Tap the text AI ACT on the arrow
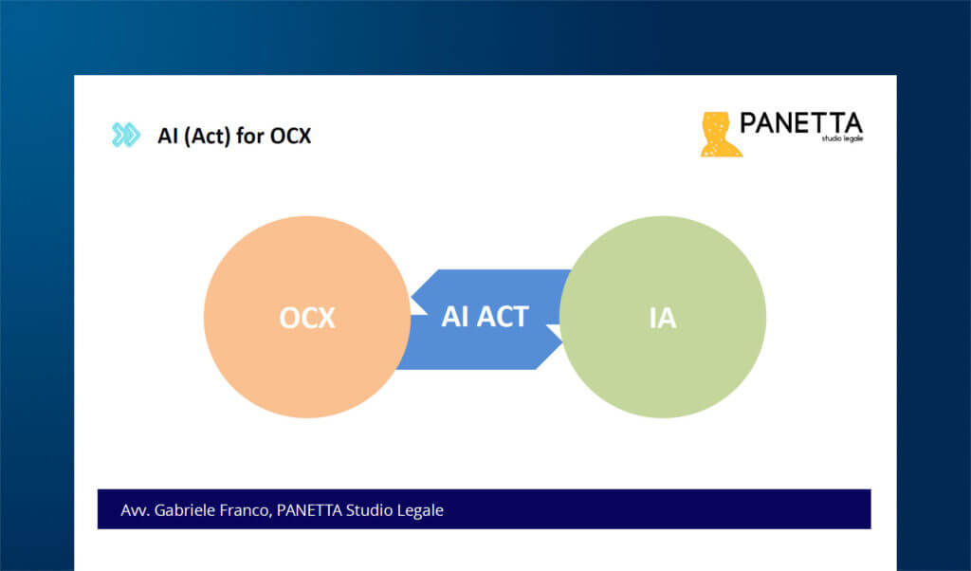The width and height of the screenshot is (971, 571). pos(485,316)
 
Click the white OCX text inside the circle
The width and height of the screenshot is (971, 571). pos(307,318)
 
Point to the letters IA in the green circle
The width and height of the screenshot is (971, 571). pos(662,318)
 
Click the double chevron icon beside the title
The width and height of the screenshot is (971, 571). pos(125,136)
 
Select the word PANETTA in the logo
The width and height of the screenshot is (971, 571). pos(801,123)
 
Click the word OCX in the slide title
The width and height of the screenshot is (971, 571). pos(291,137)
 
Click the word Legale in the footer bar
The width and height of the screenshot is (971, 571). pos(419,510)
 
